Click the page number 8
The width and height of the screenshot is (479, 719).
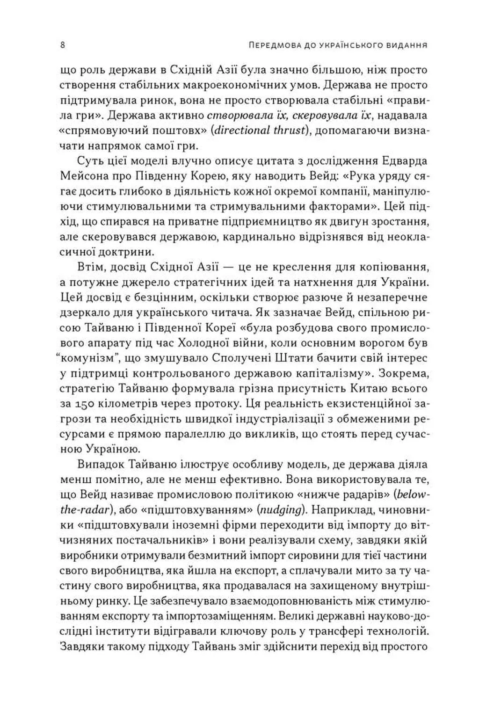63,46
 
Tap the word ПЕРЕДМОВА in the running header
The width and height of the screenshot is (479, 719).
271,46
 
